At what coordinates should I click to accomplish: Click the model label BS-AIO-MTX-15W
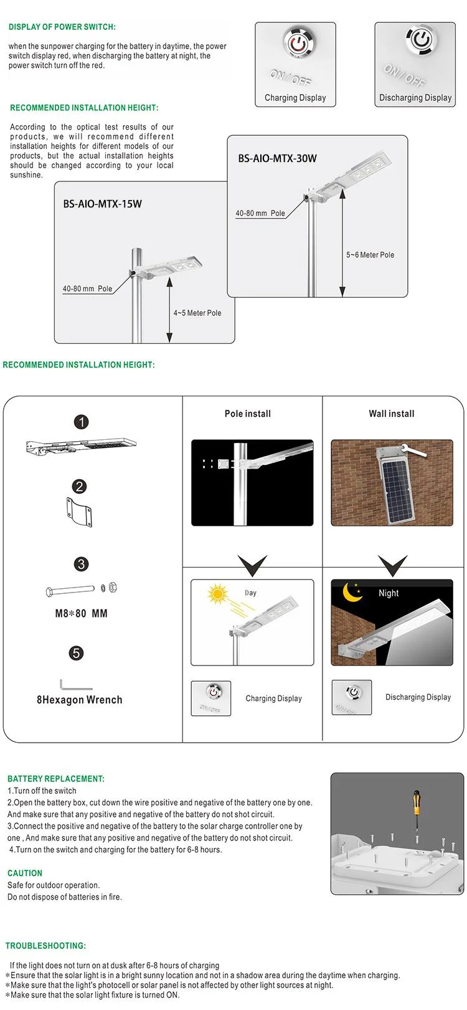(102, 204)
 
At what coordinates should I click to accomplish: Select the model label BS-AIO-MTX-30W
(277, 158)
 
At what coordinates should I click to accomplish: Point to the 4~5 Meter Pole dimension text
(197, 313)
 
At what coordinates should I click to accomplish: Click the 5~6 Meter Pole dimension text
(370, 255)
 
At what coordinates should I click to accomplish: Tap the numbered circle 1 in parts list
(81, 422)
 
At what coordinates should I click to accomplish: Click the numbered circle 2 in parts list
(79, 487)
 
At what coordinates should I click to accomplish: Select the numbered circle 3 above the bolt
(81, 565)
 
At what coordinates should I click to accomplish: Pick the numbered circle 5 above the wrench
(76, 653)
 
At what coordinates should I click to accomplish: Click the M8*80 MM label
(81, 614)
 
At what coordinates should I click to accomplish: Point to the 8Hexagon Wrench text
(80, 700)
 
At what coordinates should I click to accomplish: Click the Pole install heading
(248, 414)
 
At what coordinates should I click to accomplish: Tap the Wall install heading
(391, 414)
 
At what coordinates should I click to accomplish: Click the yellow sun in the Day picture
(218, 594)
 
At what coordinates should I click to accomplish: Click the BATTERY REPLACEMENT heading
(56, 779)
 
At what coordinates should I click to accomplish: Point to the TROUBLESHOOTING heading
(46, 946)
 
